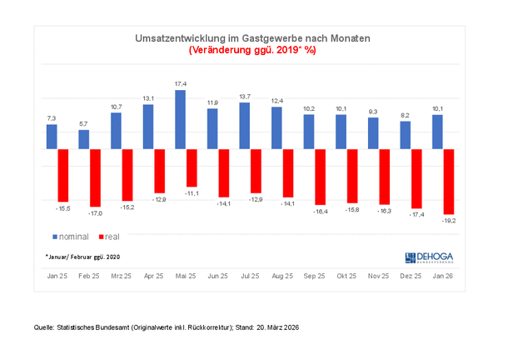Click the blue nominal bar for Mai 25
coord(180,120)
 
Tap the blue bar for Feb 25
coord(84,139)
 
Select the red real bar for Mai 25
coord(192,167)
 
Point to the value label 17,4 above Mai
coord(181,84)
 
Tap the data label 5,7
coord(83,123)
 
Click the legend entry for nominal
coord(69,237)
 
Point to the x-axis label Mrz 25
coord(122,275)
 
